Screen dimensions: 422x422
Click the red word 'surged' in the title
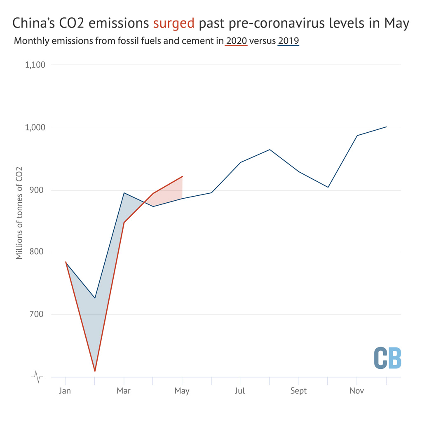coord(173,23)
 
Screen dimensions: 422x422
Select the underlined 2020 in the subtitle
coord(236,41)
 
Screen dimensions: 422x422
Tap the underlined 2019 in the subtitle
coord(288,41)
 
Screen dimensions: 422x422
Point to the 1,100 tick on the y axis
coord(35,65)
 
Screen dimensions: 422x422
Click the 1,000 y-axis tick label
coord(35,128)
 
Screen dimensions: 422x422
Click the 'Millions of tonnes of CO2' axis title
coord(19,213)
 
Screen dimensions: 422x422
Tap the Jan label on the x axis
coord(65,391)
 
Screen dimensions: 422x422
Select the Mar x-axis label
coord(124,391)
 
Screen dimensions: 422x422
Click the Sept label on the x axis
coord(298,391)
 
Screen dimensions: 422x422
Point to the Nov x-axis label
coord(357,391)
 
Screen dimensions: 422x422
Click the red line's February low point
coord(95,371)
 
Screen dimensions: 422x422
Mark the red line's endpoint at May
coord(182,176)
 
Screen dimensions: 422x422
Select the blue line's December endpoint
coord(386,127)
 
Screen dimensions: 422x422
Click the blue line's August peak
coord(270,150)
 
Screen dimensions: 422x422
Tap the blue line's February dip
coord(95,298)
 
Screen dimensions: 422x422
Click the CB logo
coord(387,358)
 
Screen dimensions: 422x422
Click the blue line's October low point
coord(328,187)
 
